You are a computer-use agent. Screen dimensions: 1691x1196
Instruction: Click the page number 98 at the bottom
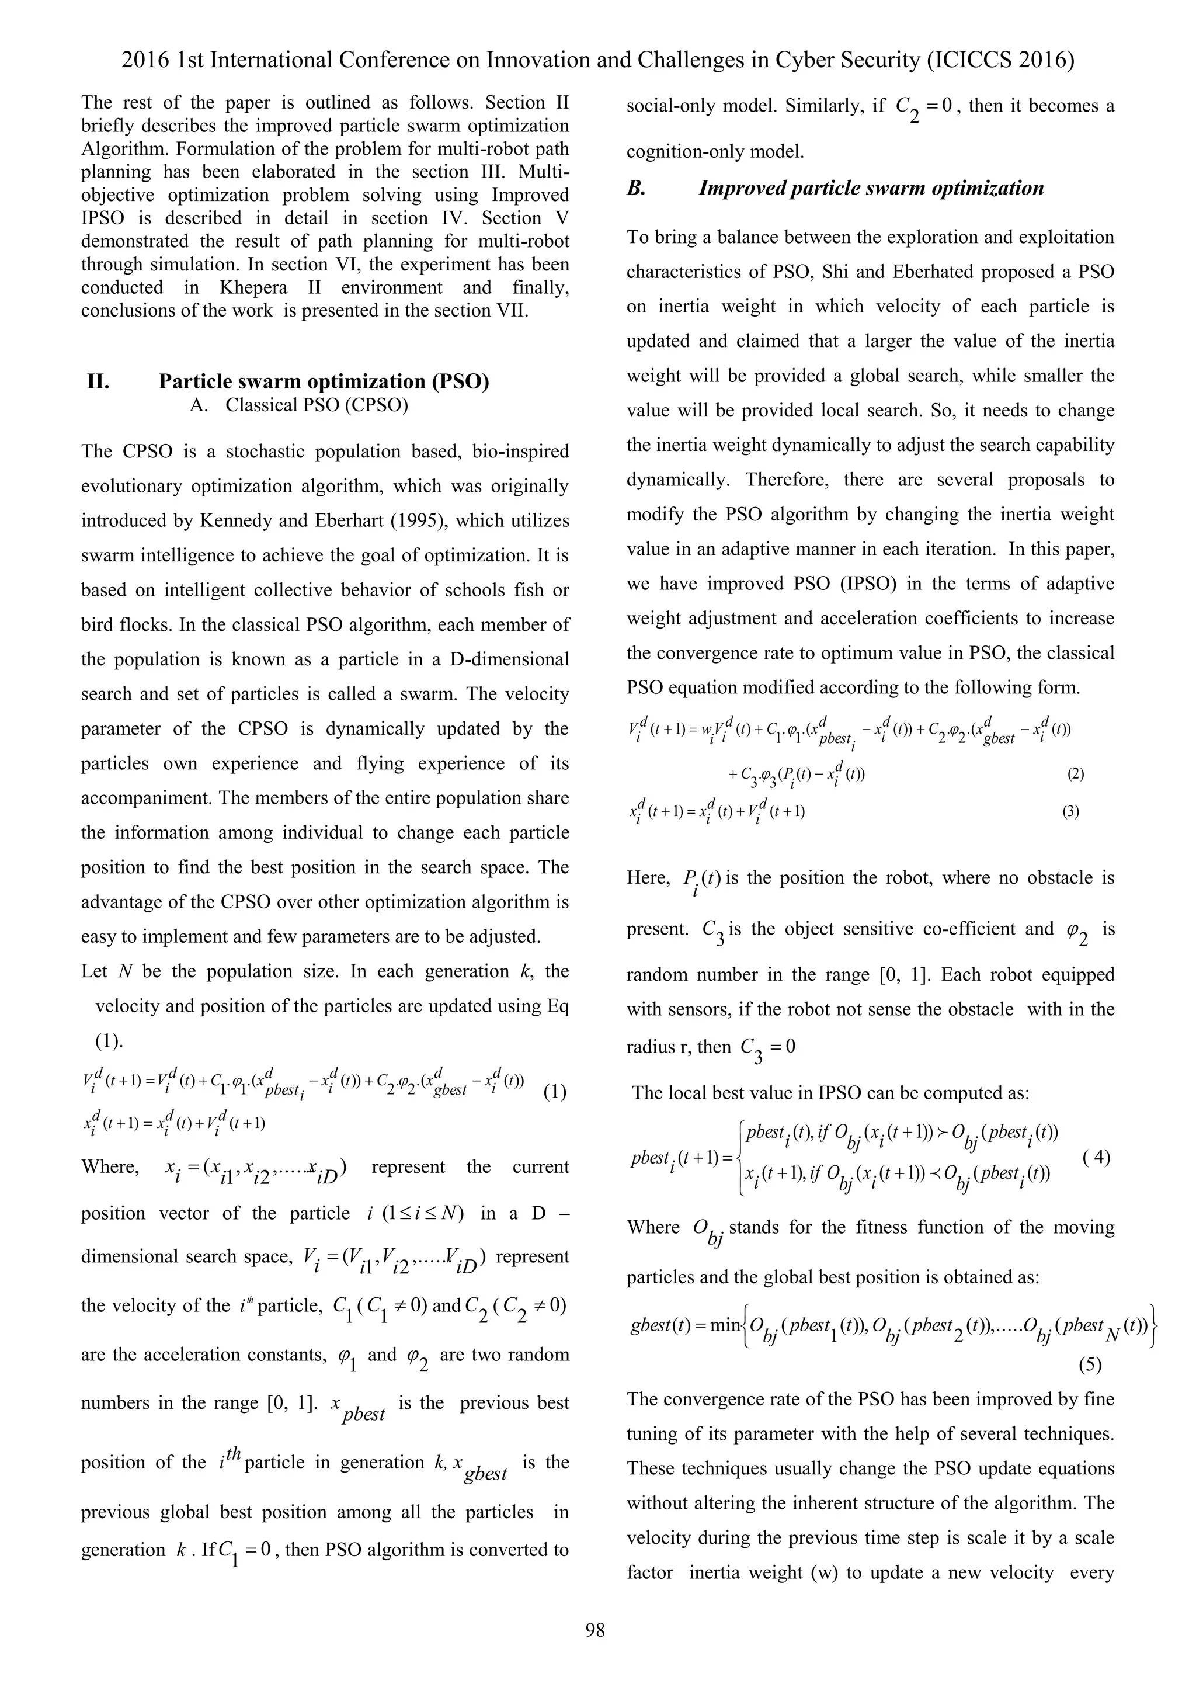(595, 1630)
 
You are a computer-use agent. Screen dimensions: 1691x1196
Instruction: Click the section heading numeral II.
(99, 381)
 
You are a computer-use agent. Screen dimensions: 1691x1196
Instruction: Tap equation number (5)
(1090, 1364)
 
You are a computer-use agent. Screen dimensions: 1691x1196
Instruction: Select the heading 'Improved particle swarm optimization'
(871, 189)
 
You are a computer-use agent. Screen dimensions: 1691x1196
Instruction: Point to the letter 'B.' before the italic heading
(637, 189)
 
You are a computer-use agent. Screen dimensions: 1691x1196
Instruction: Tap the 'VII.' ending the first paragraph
(510, 310)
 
